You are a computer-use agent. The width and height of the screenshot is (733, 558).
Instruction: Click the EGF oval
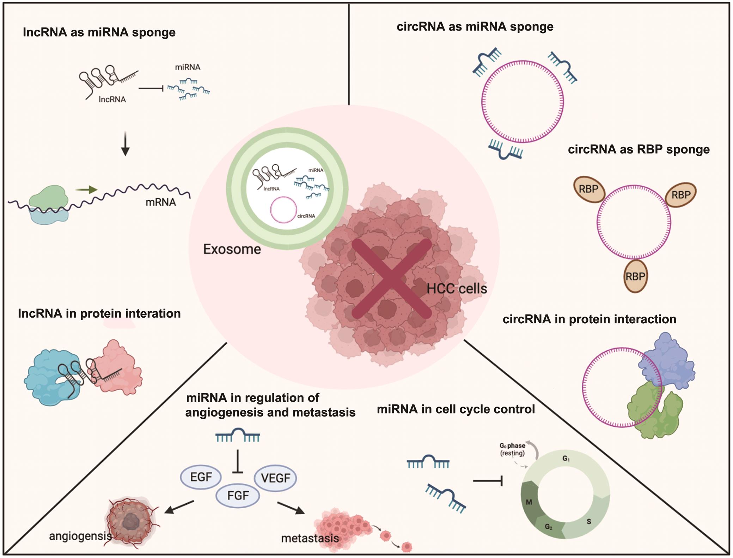tap(201, 477)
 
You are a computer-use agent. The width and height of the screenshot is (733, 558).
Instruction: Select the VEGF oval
tap(275, 478)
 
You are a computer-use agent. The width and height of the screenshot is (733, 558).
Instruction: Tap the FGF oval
tap(238, 496)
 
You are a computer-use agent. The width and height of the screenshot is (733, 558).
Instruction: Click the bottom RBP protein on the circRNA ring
tap(635, 276)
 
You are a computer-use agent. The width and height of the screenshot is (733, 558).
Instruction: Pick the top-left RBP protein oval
tap(589, 189)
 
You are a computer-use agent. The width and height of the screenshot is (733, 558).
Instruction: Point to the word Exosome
tap(232, 249)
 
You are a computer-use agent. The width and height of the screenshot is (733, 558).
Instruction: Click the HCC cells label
tap(457, 289)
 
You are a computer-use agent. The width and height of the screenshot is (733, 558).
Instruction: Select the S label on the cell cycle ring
tap(589, 521)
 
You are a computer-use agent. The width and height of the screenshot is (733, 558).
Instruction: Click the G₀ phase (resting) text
tap(512, 449)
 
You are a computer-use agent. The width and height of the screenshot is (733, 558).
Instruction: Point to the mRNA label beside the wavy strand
tap(161, 202)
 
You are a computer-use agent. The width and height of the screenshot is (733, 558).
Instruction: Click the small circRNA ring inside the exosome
tap(283, 210)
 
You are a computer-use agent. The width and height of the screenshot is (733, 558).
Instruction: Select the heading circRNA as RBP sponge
tap(639, 149)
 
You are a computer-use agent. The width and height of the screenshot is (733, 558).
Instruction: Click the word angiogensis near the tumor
tap(80, 536)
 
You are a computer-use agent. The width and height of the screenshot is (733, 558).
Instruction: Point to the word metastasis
tap(310, 538)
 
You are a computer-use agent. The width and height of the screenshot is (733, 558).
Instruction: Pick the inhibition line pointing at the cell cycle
tap(488, 481)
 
